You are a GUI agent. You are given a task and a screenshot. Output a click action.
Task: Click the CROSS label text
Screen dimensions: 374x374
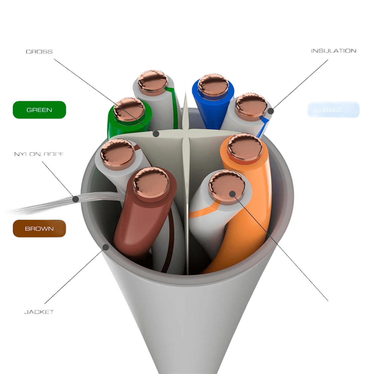point(39,52)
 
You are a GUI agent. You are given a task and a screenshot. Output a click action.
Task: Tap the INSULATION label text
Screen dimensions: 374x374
point(333,51)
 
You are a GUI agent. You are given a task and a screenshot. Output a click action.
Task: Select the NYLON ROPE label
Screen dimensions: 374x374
point(39,154)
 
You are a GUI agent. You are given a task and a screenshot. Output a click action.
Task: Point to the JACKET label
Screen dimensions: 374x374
point(39,312)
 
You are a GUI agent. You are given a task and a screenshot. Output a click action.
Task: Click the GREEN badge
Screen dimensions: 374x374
point(39,110)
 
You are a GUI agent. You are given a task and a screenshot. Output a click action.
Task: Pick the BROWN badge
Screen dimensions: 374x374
point(39,229)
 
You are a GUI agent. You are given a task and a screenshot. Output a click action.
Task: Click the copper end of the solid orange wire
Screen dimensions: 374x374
point(245,147)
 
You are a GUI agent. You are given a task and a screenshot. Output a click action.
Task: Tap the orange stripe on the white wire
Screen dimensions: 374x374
point(203,212)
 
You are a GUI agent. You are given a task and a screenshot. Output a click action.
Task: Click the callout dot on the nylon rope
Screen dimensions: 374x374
point(76,199)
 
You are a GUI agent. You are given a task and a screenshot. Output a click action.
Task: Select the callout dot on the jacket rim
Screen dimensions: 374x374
point(106,247)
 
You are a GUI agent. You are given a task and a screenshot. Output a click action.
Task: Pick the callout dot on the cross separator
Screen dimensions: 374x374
point(155,134)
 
